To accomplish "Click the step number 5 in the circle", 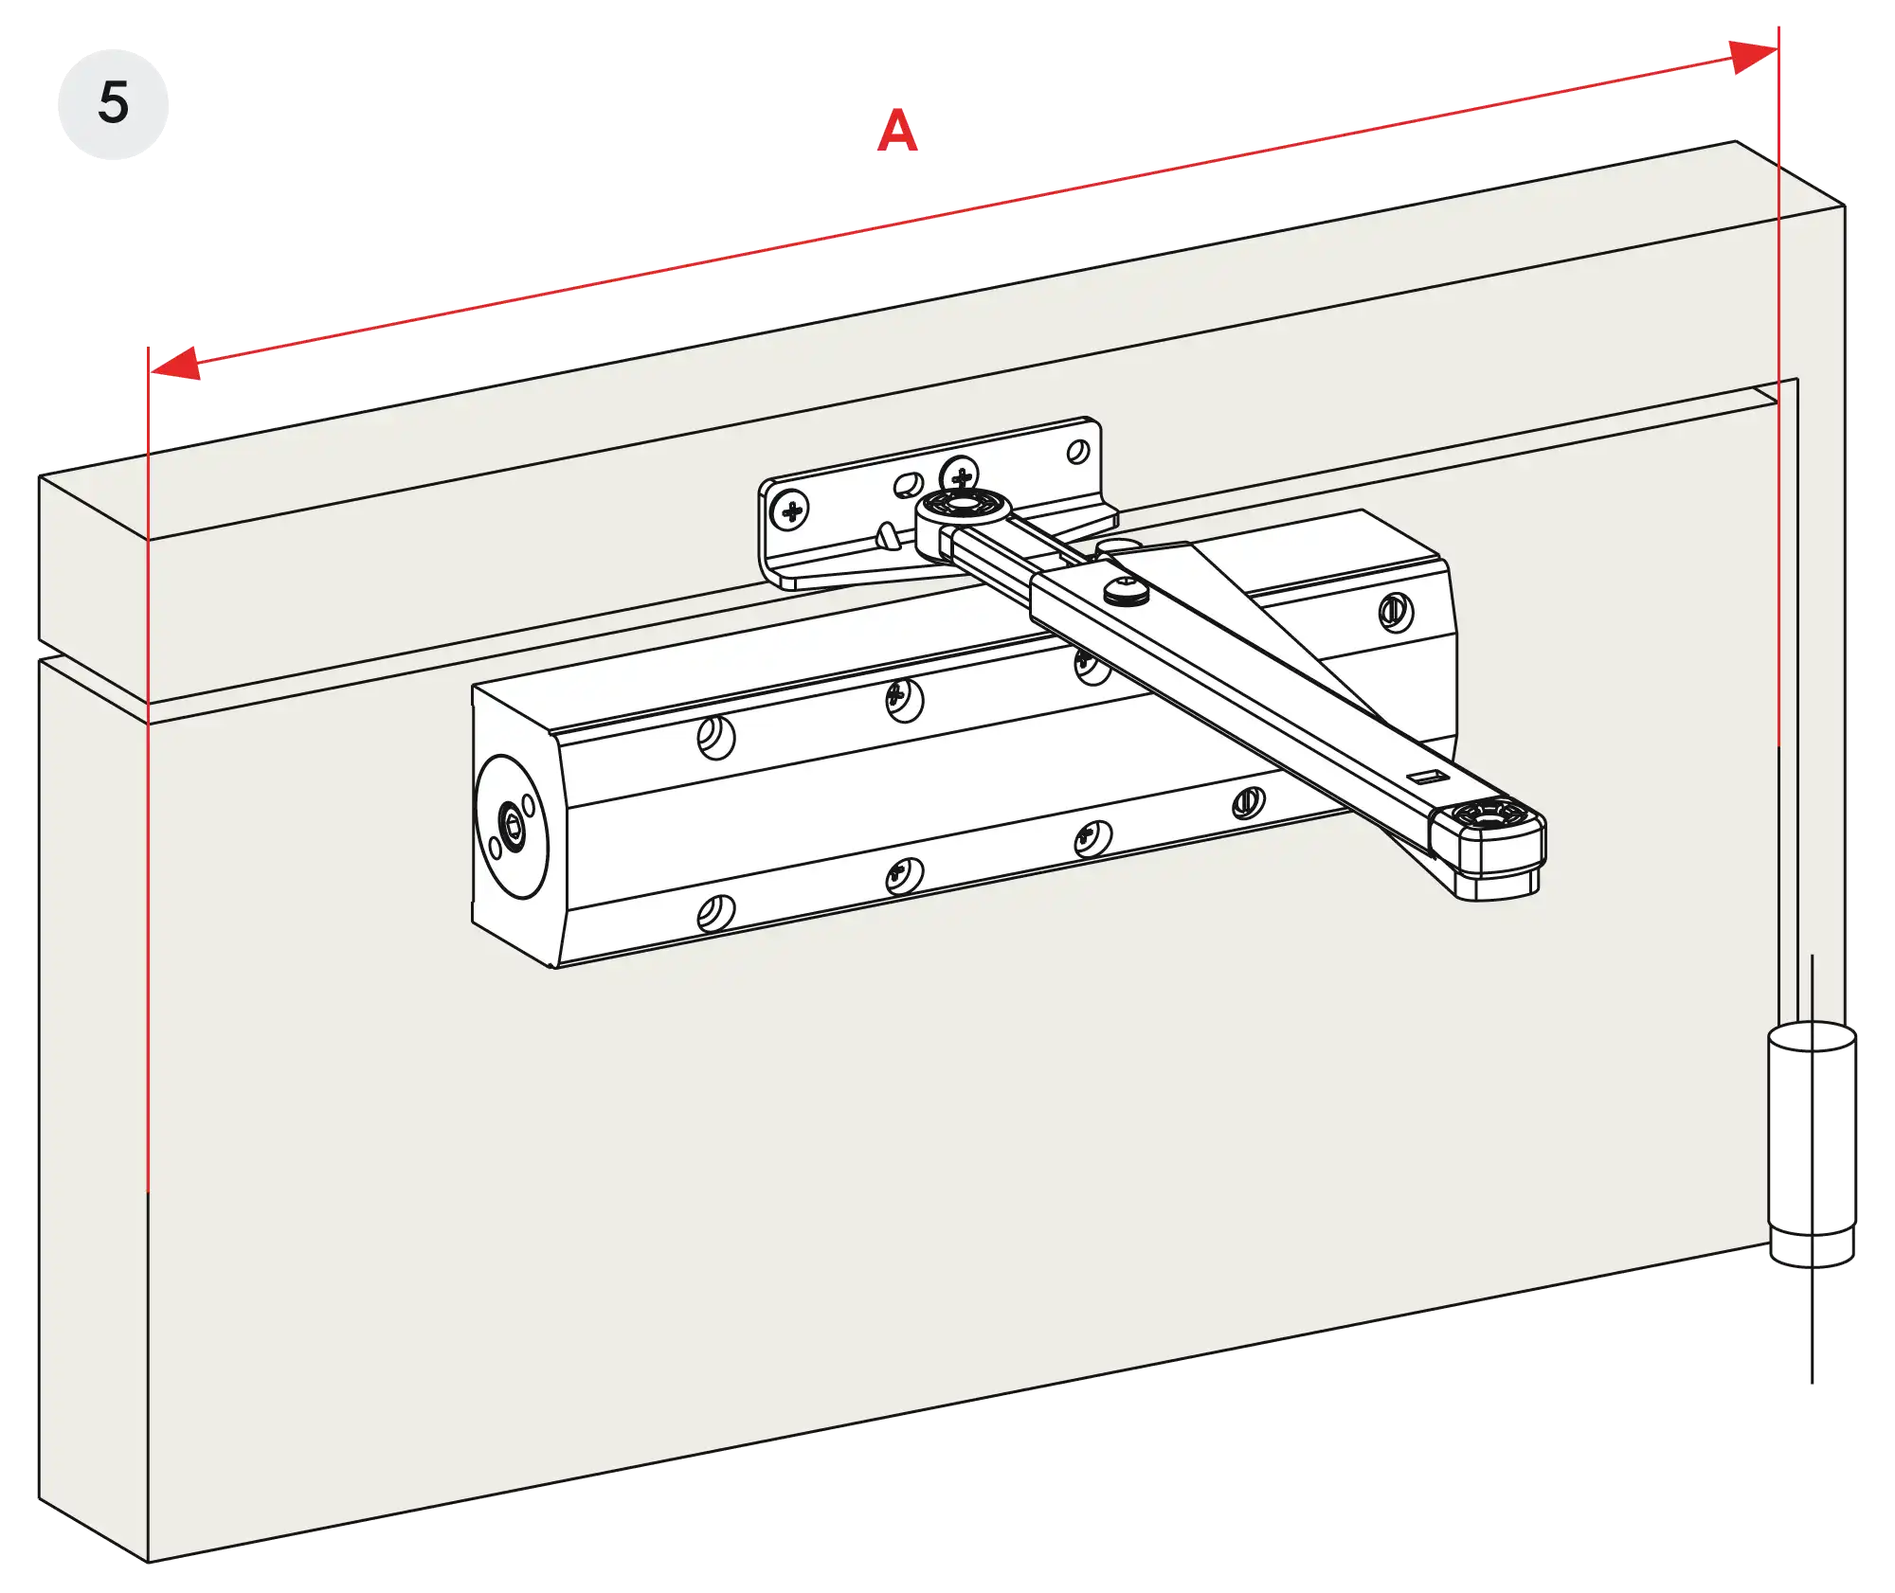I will tap(113, 102).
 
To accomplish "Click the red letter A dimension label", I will tap(896, 131).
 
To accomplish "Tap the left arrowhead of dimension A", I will tap(175, 365).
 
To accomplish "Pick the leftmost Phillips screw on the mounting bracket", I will tap(793, 511).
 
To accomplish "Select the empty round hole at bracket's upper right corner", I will tap(1078, 453).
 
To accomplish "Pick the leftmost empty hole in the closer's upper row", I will tap(715, 737).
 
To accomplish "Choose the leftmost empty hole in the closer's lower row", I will tap(715, 913).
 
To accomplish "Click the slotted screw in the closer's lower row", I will tap(1248, 804).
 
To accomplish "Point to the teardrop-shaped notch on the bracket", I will tap(887, 536).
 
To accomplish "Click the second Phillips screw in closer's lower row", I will tap(1092, 837).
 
